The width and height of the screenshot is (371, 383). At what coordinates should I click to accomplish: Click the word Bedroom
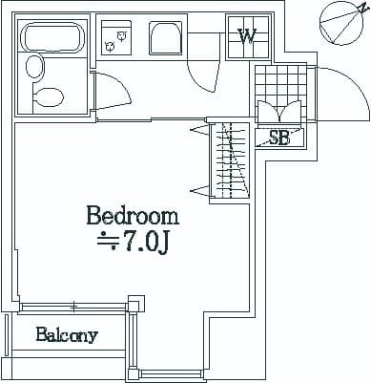point(133,216)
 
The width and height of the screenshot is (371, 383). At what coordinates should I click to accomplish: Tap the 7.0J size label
point(145,245)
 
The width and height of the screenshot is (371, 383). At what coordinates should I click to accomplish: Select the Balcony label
point(67,335)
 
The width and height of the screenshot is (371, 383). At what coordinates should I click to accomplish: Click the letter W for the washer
point(247,37)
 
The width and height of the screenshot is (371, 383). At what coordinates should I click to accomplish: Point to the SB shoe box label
point(279,138)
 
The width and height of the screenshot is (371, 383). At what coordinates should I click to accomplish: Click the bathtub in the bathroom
point(52,38)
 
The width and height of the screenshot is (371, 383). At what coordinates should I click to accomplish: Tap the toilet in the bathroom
point(48,98)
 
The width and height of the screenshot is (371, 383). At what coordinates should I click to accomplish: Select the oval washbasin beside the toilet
point(35,67)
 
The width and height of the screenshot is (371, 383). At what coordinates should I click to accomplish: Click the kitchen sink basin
point(165,38)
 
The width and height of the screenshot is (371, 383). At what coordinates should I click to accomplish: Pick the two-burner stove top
point(116,37)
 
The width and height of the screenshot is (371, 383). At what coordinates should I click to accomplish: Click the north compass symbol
point(341,23)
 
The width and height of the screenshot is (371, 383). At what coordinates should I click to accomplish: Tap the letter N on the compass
point(361,9)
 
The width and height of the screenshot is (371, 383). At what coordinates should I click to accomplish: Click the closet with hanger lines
point(230,160)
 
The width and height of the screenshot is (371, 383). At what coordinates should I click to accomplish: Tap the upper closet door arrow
point(199,131)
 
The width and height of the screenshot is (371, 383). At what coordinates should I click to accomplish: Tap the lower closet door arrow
point(199,191)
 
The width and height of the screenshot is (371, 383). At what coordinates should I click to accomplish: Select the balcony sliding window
point(74,307)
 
